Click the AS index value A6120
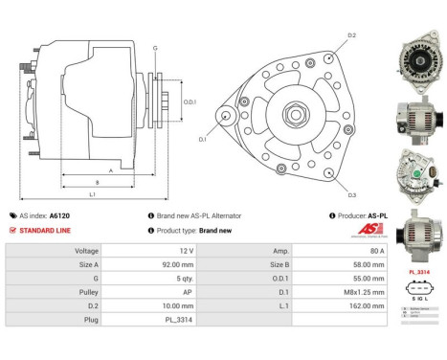pyautogui.click(x=59, y=216)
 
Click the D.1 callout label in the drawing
pyautogui.click(x=202, y=140)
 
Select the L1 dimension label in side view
pyautogui.click(x=93, y=194)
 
